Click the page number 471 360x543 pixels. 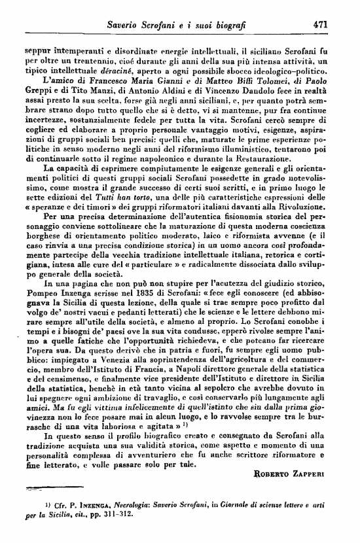(x=321, y=23)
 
